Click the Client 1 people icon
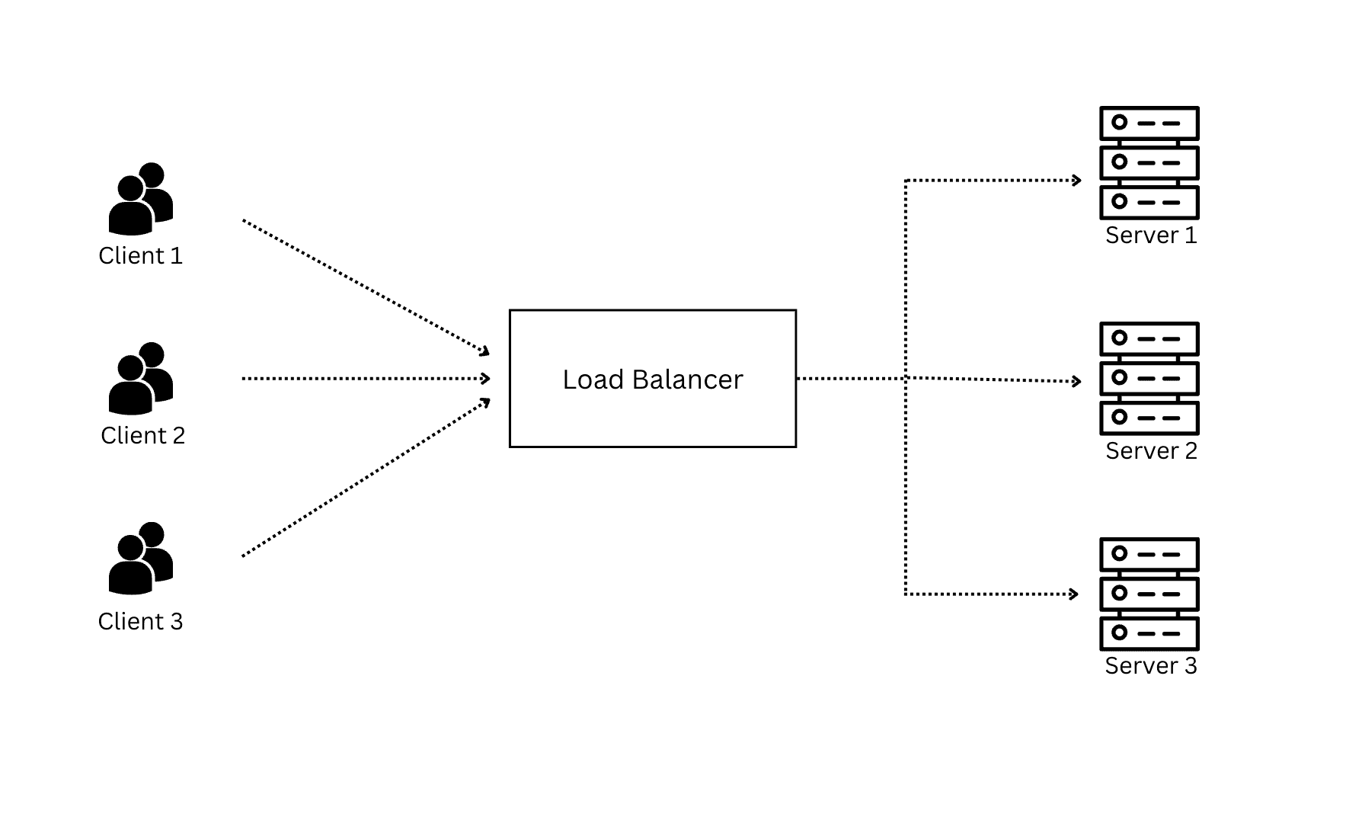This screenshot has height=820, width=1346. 141,200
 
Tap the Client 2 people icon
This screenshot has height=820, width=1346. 141,379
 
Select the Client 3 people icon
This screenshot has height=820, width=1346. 141,559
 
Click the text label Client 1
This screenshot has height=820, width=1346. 141,256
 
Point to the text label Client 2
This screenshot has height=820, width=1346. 143,436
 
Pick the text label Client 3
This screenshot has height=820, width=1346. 141,622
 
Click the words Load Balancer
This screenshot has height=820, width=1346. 653,380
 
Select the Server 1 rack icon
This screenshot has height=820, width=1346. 1149,163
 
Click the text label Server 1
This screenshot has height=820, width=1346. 1151,235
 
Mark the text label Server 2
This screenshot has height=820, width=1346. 1151,451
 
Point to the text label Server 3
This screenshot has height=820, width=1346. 1151,666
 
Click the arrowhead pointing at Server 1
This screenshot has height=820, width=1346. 1077,181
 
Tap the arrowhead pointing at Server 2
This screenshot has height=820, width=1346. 1077,381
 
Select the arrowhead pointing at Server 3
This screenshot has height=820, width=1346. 1074,594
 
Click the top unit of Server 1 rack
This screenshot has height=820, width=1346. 1149,123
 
